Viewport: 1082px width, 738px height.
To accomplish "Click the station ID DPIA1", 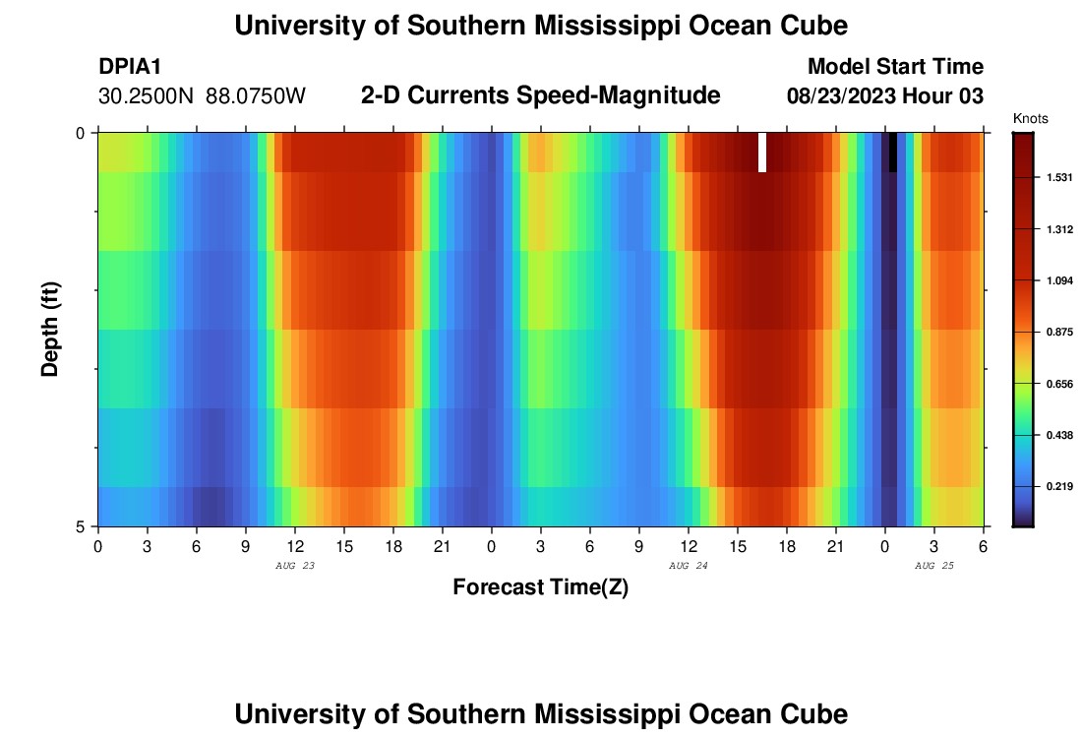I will tap(130, 67).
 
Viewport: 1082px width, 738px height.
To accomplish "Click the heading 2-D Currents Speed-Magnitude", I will tap(541, 95).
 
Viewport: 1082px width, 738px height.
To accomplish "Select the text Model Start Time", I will tap(895, 67).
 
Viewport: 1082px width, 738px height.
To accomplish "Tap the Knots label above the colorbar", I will tap(1030, 119).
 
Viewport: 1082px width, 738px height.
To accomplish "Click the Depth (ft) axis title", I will tap(51, 330).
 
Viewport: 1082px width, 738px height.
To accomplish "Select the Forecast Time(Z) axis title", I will tap(540, 587).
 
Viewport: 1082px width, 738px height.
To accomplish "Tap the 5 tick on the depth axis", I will tap(82, 526).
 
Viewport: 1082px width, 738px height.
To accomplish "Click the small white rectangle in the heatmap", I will tap(762, 153).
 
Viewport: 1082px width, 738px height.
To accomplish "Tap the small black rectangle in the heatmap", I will tap(893, 153).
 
